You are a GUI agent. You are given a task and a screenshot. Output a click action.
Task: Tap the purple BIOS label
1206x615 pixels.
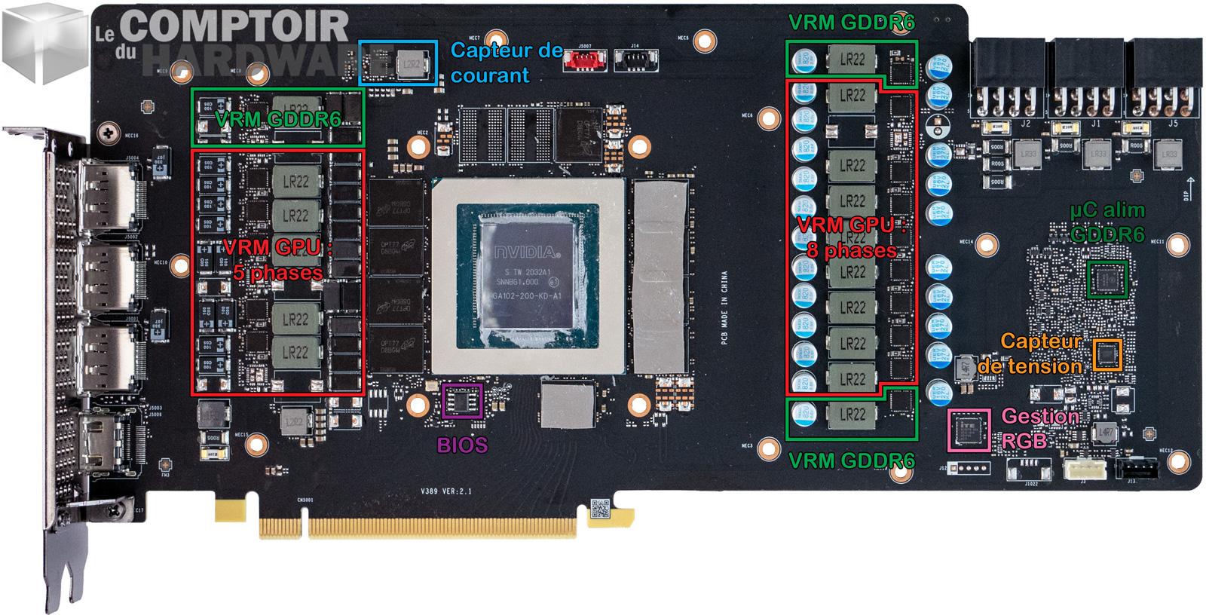click(x=462, y=445)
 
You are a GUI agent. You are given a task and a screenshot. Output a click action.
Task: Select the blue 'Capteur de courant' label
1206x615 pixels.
click(x=507, y=63)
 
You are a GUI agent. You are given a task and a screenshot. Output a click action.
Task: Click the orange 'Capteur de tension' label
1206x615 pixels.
click(x=1031, y=354)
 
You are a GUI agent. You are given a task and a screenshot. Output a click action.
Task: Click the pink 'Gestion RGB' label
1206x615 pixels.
click(x=1040, y=428)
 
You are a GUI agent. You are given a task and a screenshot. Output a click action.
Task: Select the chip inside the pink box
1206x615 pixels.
click(x=968, y=430)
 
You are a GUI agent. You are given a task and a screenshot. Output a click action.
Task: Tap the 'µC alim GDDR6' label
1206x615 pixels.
click(x=1107, y=222)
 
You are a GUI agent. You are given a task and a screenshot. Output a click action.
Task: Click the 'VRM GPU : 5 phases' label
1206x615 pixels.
click(x=278, y=259)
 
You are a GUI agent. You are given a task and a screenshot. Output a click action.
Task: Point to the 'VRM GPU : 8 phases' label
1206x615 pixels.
click(x=852, y=237)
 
